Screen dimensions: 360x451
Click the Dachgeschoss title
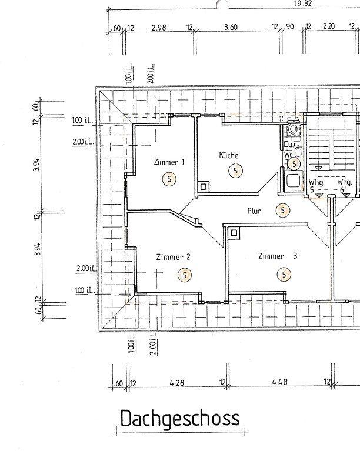coord(180,419)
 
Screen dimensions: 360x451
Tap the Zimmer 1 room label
coord(169,162)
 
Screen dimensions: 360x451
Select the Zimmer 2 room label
coord(174,256)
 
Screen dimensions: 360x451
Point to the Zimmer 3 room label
coord(278,256)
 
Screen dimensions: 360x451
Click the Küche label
coord(229,155)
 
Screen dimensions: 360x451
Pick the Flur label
coord(254,211)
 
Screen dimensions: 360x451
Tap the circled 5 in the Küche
coord(235,171)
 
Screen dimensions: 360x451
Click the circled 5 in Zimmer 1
coord(169,179)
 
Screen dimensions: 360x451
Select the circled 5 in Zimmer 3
coord(284,274)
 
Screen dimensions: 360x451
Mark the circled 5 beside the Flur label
coord(283,211)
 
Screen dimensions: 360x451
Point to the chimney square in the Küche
coord(204,186)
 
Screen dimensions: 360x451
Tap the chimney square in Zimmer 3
coord(234,233)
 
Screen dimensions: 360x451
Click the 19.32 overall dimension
coord(303,4)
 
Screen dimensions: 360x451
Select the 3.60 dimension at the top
coord(231,27)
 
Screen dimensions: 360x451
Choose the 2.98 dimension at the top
coord(159,28)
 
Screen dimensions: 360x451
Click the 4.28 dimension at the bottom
coord(177,383)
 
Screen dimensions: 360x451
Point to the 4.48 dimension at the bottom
coord(280,382)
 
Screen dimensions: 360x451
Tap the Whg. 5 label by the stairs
coord(316,186)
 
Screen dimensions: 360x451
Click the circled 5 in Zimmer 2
coord(185,275)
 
